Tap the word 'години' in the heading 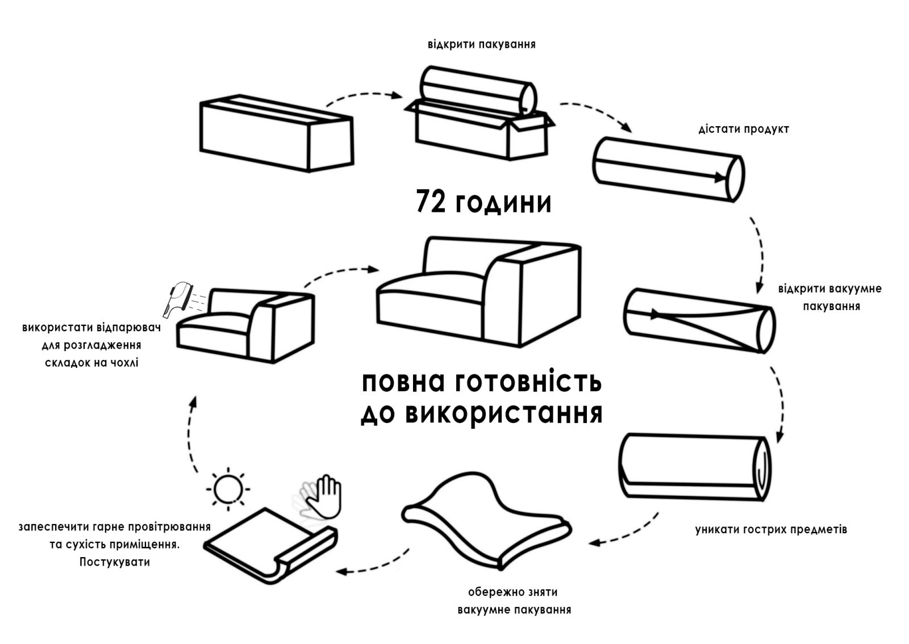tap(503, 203)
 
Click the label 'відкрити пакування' tap(481, 44)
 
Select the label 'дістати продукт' tap(744, 129)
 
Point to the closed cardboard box tap(277, 133)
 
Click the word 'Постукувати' tap(115, 562)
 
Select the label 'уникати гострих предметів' tap(771, 530)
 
